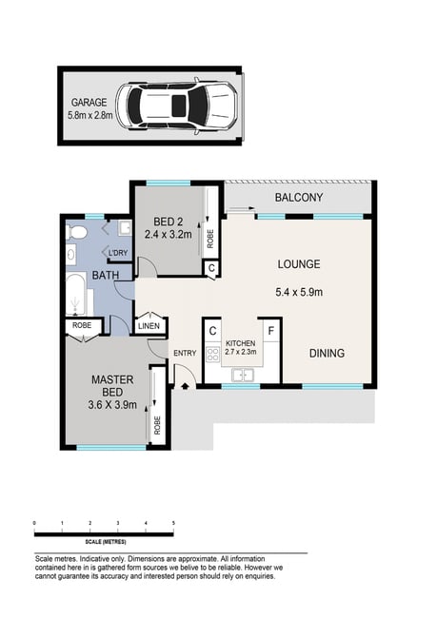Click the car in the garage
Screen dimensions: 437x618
176,106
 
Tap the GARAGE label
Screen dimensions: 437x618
89,103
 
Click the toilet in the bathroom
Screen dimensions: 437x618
76,232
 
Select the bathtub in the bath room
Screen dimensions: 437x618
76,295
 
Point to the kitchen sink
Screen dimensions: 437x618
243,375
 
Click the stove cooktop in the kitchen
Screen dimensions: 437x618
212,354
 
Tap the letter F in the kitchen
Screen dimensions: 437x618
271,330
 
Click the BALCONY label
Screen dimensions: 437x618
299,198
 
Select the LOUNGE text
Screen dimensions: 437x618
299,264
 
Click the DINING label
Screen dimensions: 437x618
327,353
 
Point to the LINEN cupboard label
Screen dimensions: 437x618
149,326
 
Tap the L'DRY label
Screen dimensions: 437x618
118,253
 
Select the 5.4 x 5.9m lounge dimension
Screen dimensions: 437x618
299,292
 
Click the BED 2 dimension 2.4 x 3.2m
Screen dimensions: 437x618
169,235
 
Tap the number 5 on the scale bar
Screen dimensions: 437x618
173,523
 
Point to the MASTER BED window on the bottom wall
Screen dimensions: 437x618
111,448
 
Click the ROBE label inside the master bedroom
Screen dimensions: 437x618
157,425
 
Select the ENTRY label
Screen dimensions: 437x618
185,353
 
